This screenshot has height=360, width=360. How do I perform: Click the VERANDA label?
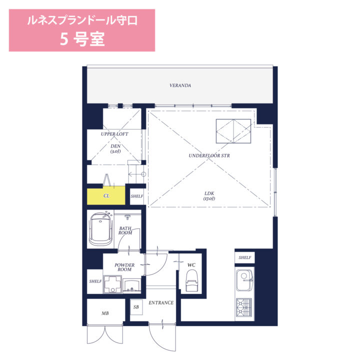tap(180, 85)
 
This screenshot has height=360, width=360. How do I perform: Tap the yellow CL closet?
tap(106, 195)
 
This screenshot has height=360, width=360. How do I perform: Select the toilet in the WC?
tap(191, 280)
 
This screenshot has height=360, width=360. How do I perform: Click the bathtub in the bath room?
tap(100, 229)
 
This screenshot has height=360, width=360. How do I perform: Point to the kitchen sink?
tap(244, 280)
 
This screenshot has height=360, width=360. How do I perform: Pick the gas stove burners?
tap(244, 307)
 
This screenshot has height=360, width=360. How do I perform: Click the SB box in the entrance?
tap(136, 307)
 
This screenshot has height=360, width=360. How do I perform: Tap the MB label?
tap(105, 313)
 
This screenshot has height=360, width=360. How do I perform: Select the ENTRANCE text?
tap(161, 303)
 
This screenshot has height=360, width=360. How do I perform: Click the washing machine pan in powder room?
tap(112, 284)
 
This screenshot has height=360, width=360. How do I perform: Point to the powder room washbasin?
tap(132, 286)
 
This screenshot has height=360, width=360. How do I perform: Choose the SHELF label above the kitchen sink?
tap(244, 257)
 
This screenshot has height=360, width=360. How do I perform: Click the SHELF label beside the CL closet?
tap(137, 196)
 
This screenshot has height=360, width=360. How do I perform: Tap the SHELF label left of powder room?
tap(95, 281)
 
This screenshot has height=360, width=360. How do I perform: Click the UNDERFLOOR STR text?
tap(209, 155)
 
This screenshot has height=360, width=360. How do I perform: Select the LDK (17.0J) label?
tap(209, 196)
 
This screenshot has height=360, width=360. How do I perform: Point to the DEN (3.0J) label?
tap(115, 148)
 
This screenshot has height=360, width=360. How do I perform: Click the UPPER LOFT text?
tap(114, 134)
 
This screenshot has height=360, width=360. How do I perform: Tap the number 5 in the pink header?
tap(64, 39)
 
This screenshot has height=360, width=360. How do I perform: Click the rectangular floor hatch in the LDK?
tap(233, 131)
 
